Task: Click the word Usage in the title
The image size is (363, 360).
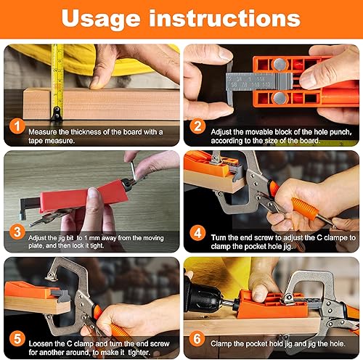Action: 101,20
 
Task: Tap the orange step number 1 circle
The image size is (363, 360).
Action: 17,126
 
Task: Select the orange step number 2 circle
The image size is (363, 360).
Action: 197,126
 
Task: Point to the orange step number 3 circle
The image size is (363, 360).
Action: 17,232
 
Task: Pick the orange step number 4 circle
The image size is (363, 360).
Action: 197,233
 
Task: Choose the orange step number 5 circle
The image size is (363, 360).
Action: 17,339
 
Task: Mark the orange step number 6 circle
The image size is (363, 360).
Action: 197,338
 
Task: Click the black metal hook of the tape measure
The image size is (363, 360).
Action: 57,113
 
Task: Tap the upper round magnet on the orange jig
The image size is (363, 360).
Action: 280,64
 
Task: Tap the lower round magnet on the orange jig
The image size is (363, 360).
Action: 280,98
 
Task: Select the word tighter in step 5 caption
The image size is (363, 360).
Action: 139,353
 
